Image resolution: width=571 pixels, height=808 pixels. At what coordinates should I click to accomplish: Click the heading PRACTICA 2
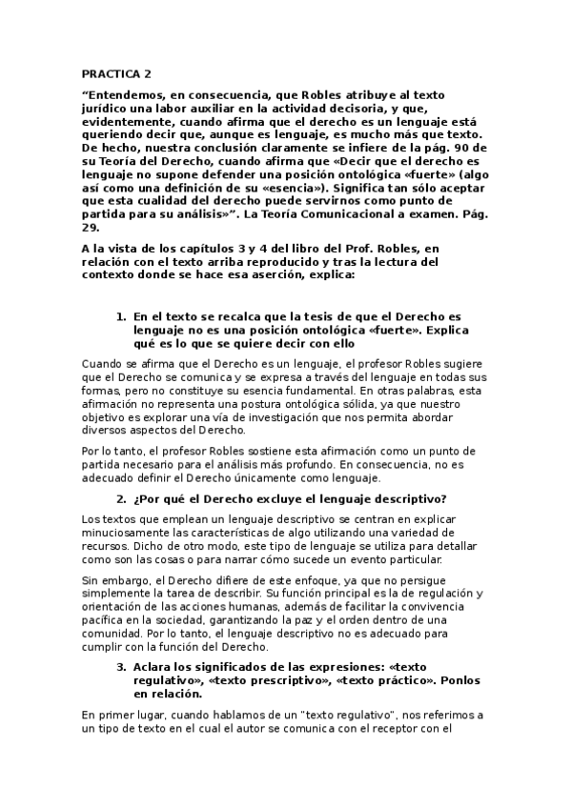(115, 72)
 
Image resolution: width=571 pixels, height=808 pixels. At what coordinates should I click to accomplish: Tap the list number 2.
(120, 498)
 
